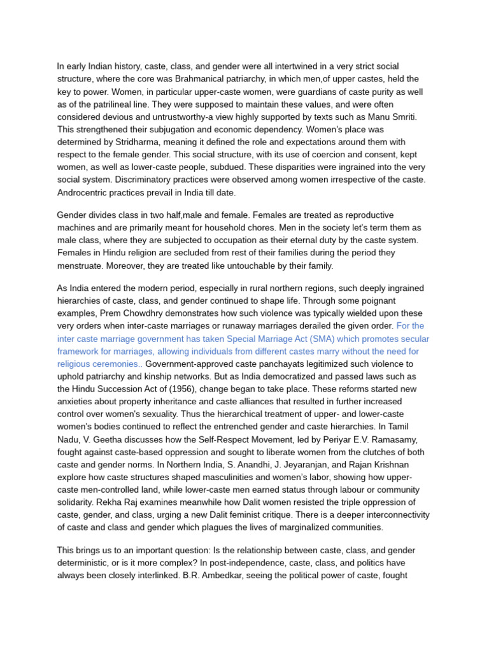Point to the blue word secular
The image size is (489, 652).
pos(411,339)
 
